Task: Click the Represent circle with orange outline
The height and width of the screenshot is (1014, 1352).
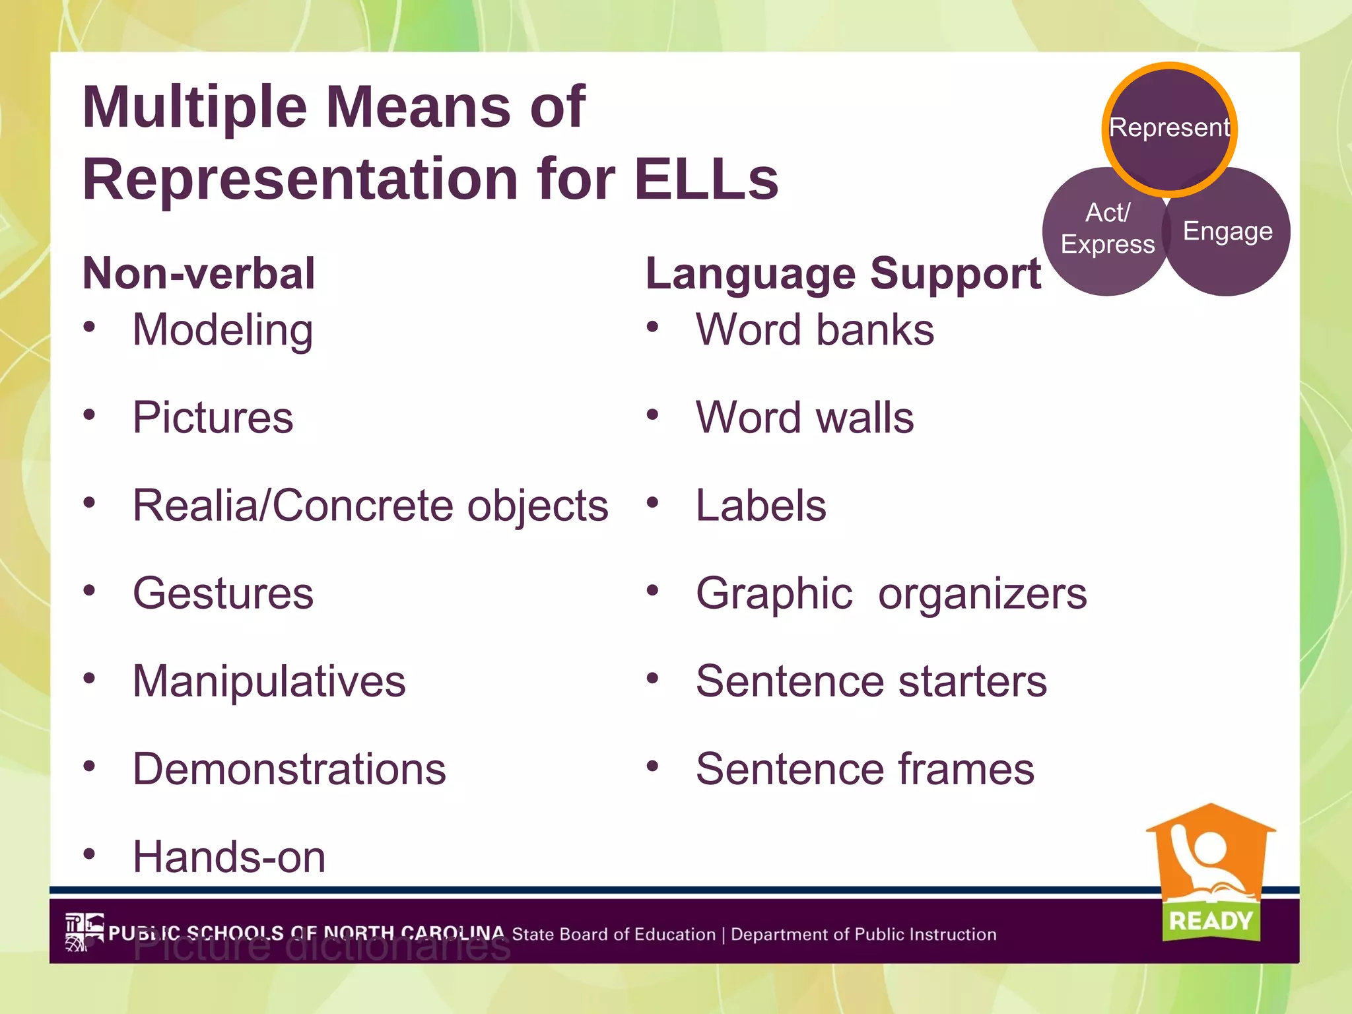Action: point(1169,129)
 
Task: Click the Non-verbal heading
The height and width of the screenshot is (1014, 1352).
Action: point(199,273)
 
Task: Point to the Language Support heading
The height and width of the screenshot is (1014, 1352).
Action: point(843,273)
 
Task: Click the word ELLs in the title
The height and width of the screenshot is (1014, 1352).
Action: point(706,179)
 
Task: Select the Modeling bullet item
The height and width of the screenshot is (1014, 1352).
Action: point(222,329)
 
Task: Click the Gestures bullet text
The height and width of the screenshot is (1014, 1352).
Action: point(222,593)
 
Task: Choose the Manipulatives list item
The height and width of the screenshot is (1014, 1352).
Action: point(269,681)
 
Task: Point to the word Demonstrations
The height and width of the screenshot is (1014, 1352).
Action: point(289,769)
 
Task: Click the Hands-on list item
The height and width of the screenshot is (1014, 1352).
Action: point(229,857)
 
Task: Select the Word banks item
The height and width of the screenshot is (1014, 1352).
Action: point(815,329)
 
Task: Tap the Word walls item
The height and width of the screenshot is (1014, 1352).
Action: point(805,417)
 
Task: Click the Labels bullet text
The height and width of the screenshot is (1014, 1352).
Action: point(760,506)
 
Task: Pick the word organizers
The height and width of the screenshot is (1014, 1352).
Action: point(982,593)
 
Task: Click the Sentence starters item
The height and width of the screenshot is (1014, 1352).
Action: point(871,681)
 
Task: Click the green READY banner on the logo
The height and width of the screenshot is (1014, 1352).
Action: point(1210,920)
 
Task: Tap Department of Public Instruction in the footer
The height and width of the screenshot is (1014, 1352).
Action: point(863,934)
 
